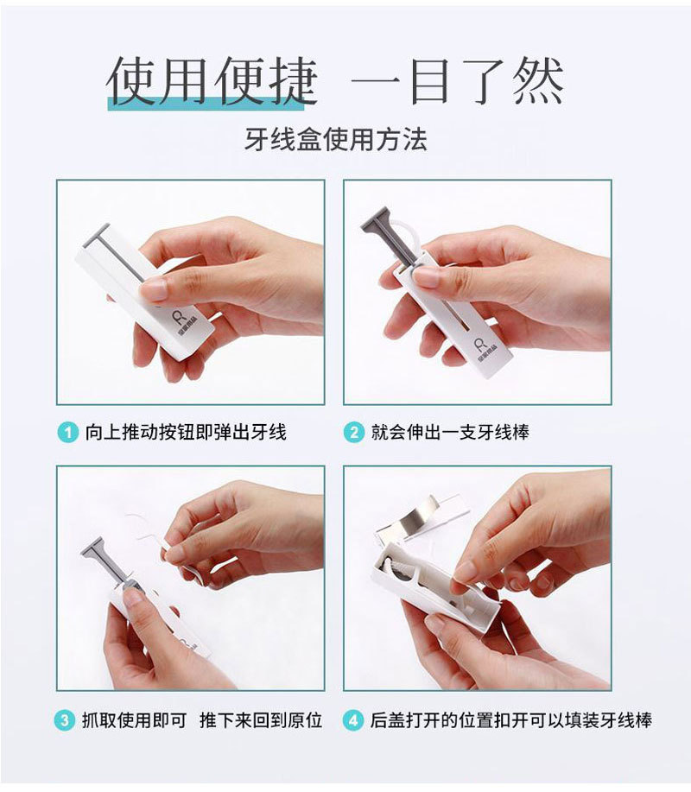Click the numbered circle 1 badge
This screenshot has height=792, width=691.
click(68, 432)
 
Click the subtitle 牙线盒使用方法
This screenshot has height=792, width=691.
click(335, 139)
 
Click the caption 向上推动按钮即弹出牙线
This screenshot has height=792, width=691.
click(186, 432)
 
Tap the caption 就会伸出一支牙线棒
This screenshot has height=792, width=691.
click(450, 432)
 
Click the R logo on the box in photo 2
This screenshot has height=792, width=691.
click(479, 345)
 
